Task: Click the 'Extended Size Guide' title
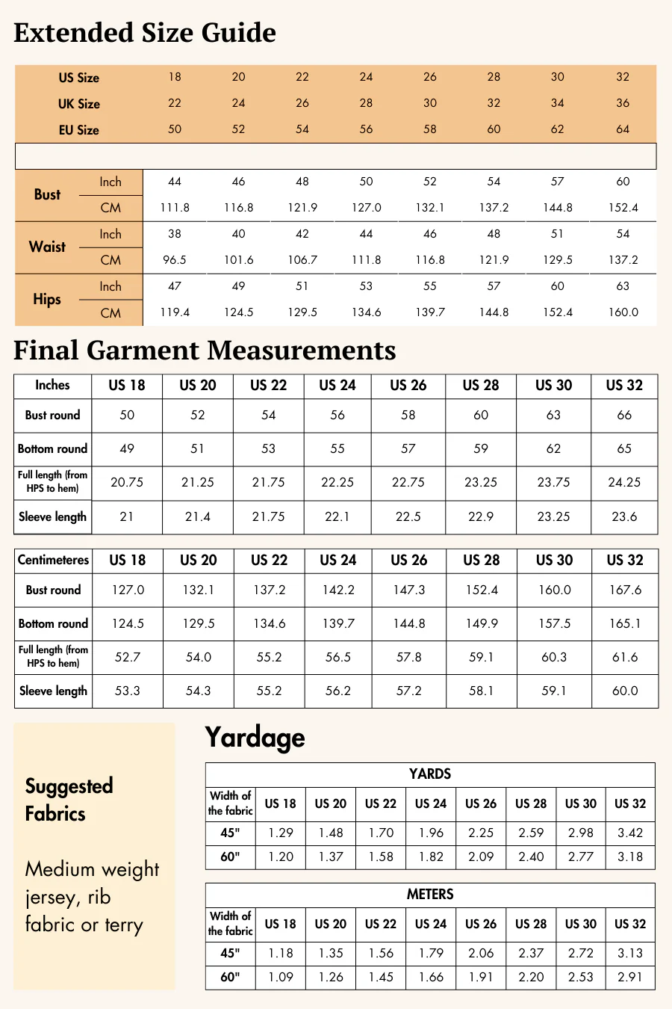[145, 33]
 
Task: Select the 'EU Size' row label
[78, 129]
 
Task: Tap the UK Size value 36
[623, 103]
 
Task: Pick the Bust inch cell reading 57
[557, 182]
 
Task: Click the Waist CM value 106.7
[302, 260]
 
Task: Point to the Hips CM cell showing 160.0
[623, 312]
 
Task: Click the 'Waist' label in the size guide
[47, 247]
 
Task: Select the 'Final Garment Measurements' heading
[205, 351]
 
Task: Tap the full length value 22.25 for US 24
[337, 482]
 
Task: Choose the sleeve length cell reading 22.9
[481, 516]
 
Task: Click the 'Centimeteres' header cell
[53, 560]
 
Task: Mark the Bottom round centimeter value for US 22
[269, 623]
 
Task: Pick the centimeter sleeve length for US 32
[624, 691]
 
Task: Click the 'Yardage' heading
[255, 738]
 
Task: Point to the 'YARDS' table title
[430, 774]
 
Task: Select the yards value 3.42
[630, 833]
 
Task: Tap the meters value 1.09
[281, 977]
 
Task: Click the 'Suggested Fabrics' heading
[69, 799]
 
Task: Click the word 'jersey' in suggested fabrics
[52, 897]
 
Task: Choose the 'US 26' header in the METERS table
[481, 924]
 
